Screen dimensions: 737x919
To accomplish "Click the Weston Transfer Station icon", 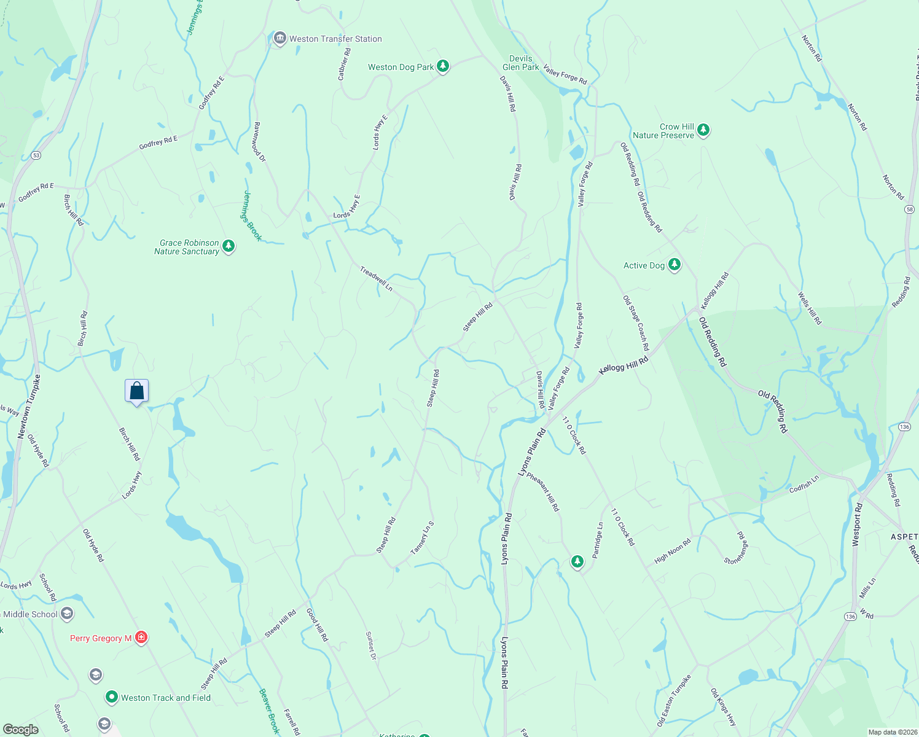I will coord(280,39).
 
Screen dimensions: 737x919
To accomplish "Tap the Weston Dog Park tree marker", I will coord(442,67).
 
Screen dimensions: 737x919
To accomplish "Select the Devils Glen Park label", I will coord(520,63).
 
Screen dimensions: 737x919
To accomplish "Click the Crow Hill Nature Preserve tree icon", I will coord(703,130).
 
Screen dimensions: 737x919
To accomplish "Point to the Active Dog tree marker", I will coord(675,265).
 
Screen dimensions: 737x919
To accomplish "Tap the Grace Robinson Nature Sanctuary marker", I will coord(229,247).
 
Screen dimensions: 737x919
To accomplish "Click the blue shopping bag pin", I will coord(136,391).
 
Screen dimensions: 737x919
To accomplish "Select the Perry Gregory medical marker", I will coord(141,638).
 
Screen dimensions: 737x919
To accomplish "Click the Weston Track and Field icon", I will coord(111,697).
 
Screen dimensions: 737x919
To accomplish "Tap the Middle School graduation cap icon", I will coord(67,614).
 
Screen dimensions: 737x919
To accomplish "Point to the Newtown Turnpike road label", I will coord(29,406).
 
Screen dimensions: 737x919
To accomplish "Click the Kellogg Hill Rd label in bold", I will coord(624,366).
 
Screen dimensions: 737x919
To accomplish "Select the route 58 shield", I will coord(910,209).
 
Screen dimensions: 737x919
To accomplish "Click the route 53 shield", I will coord(36,155).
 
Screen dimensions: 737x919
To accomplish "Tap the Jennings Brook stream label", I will coord(251,216).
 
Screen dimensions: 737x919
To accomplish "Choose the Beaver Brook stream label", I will coord(269,711).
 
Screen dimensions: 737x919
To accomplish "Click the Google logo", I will coord(21,730).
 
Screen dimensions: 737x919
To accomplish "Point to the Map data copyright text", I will coord(890,732).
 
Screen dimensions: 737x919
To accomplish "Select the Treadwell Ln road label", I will coord(376,278).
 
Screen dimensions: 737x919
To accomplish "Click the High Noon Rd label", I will coord(673,550).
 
